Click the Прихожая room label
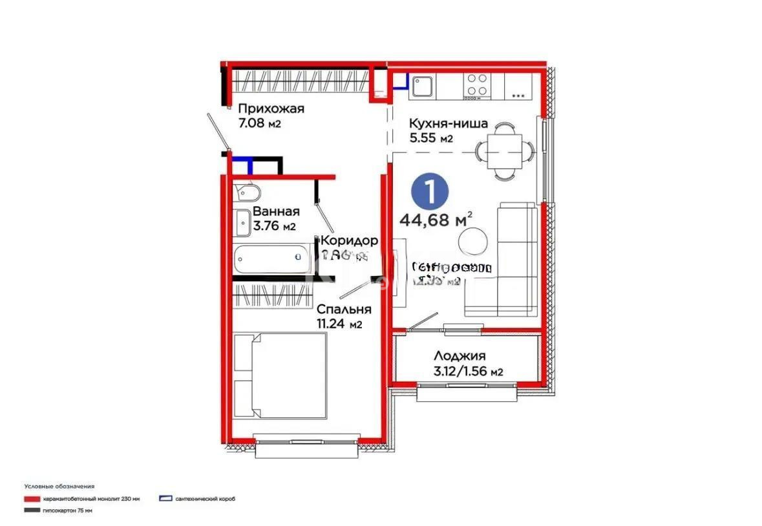[x=271, y=109]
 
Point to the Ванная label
[x=276, y=212]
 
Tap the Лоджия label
[x=460, y=356]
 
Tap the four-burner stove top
[x=478, y=85]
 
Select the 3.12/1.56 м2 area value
[x=469, y=371]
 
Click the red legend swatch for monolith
[x=32, y=500]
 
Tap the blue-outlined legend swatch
[x=165, y=500]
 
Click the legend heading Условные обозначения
[x=59, y=486]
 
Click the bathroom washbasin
[x=244, y=222]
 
